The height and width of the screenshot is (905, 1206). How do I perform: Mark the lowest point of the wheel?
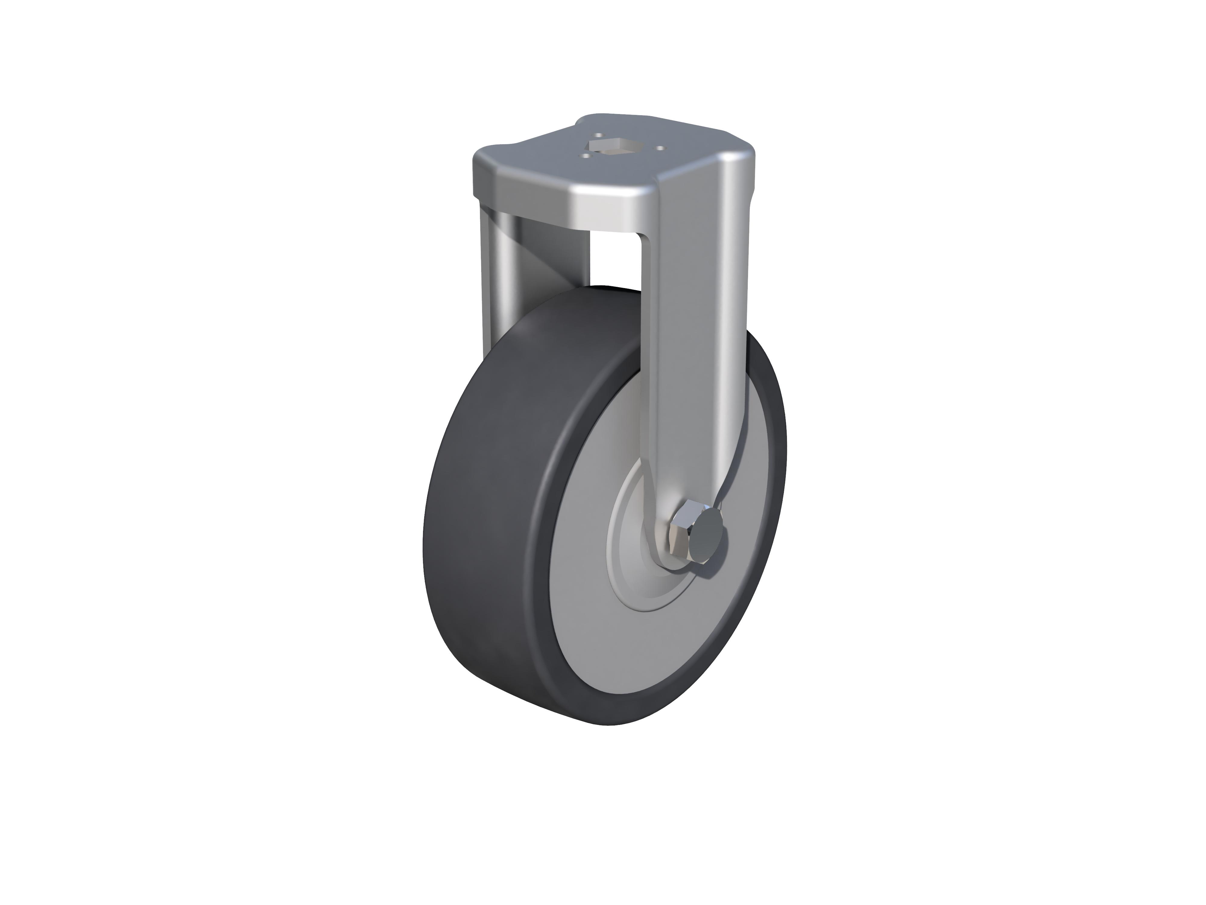611,724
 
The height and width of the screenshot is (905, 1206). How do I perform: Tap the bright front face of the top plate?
600,207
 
